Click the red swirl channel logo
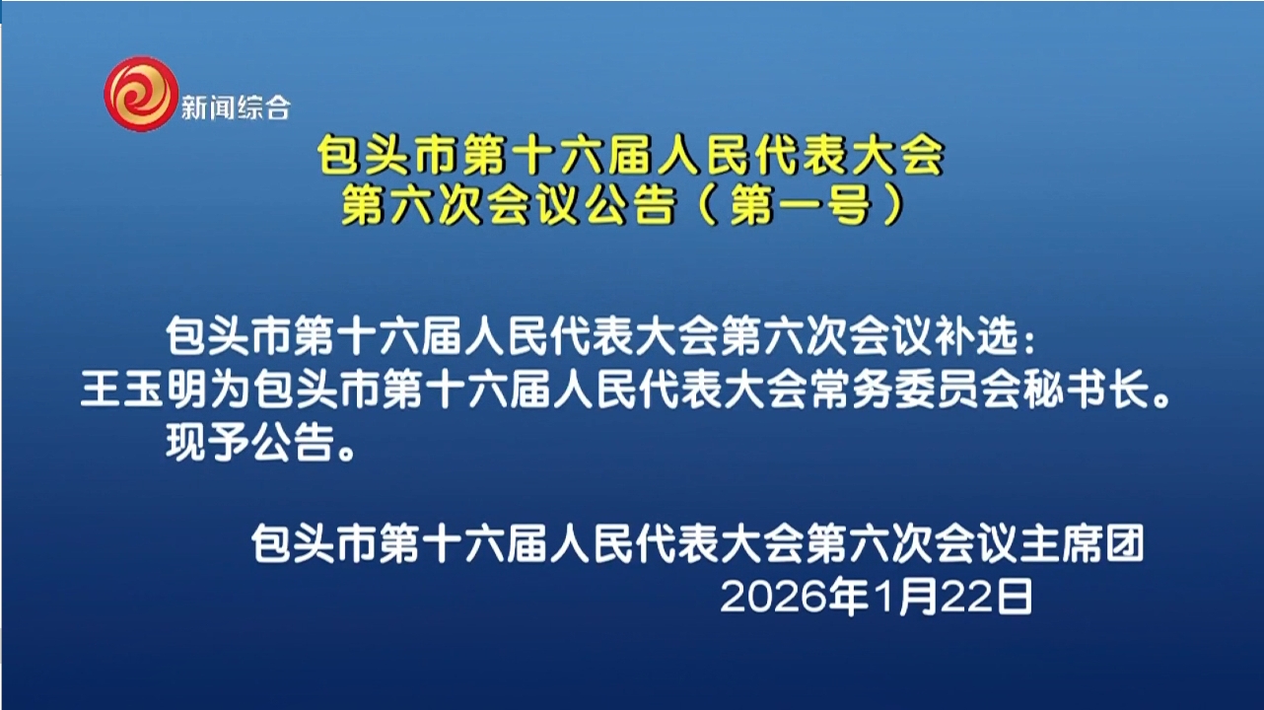(141, 94)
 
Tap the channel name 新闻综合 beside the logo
(236, 106)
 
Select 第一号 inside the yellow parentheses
(799, 206)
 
